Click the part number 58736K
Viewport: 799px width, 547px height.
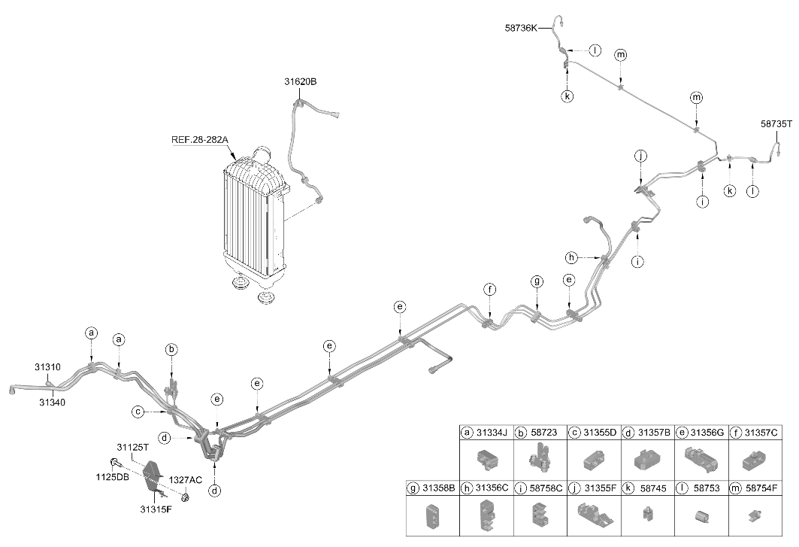(521, 28)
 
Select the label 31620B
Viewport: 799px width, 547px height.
(300, 81)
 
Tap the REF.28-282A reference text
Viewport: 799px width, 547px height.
(200, 139)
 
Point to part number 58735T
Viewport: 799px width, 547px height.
(776, 123)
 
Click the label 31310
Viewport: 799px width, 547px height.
(48, 367)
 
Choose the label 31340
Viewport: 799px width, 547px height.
(53, 402)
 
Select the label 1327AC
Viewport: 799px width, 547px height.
(186, 479)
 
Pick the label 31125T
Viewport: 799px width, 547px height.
(132, 448)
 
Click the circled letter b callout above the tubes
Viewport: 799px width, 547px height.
(171, 350)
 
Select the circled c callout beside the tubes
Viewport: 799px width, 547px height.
(138, 411)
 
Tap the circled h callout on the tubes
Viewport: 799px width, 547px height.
(571, 257)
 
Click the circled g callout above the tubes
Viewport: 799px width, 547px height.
(537, 281)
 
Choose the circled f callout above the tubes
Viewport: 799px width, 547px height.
(489, 290)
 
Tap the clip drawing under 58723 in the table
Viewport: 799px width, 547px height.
(540, 456)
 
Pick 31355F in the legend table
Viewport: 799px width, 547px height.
(601, 488)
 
